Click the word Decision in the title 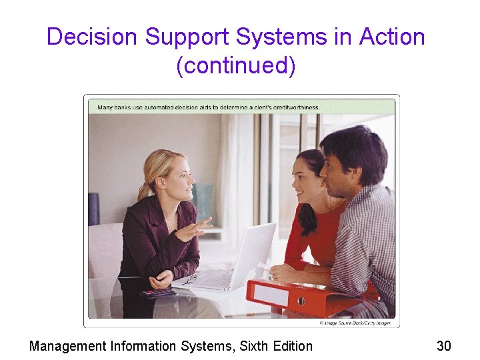coord(93,37)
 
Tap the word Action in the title coord(392,37)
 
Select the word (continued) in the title coord(235,67)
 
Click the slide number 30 coord(443,345)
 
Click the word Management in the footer coord(68,345)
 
